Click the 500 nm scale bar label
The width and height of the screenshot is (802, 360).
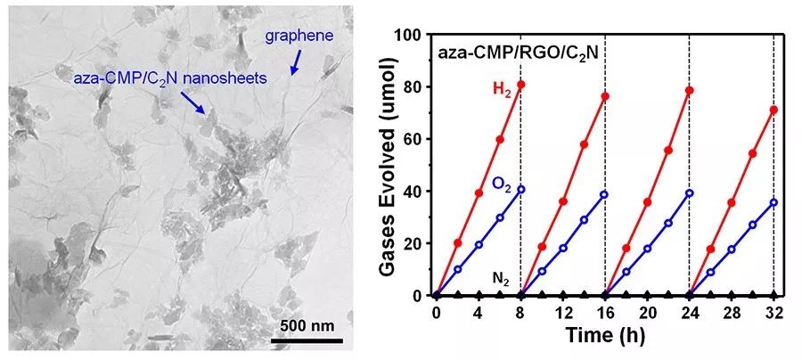[307, 323]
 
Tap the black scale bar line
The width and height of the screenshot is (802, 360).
[307, 339]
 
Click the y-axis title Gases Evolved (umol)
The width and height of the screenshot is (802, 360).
[378, 165]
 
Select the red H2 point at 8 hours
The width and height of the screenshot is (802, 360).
[520, 85]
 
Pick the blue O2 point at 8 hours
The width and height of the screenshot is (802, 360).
[520, 189]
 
